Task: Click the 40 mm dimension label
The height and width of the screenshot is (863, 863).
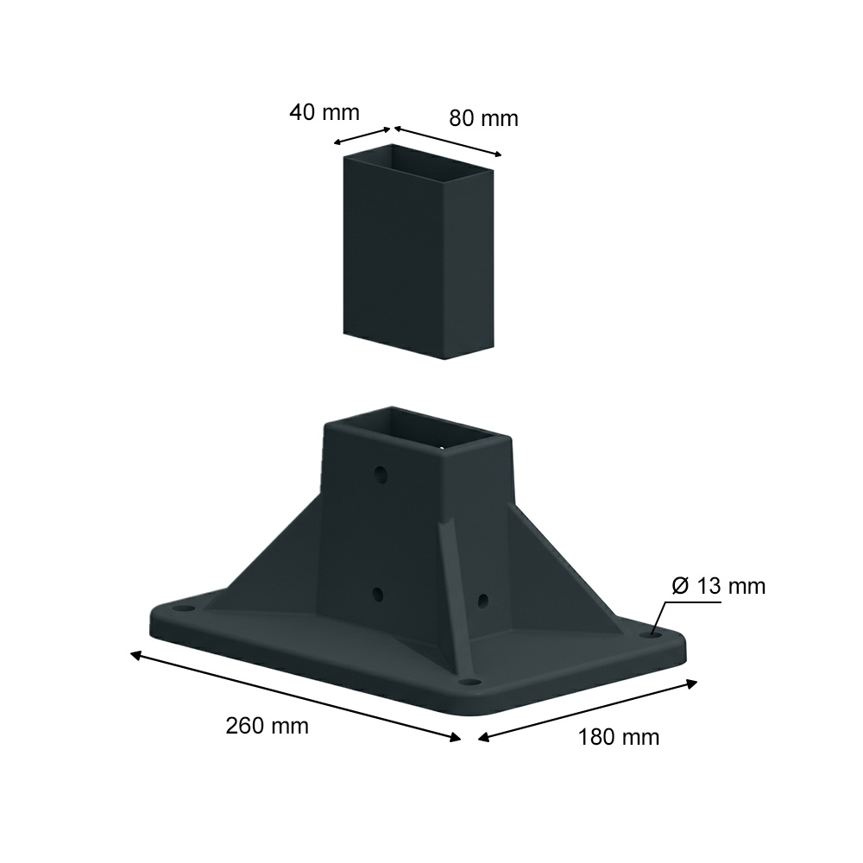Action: click(x=324, y=113)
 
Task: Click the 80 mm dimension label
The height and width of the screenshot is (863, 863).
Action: click(x=484, y=119)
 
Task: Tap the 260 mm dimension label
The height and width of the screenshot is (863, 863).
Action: click(x=267, y=726)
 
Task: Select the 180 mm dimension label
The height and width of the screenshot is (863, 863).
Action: click(x=619, y=737)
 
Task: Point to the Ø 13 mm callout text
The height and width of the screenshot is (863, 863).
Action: click(x=718, y=586)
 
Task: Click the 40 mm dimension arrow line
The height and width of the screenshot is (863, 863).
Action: click(x=362, y=136)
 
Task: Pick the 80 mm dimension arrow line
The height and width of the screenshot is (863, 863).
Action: click(x=448, y=142)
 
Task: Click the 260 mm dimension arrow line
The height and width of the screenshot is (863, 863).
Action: click(x=295, y=696)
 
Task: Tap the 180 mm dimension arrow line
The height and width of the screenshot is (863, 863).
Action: click(x=588, y=711)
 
